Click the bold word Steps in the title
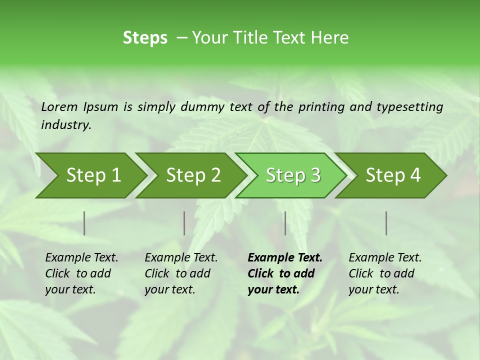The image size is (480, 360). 145,38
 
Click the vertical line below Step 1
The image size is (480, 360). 84,223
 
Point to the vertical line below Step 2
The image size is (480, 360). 184,223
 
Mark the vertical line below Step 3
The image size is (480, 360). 285,223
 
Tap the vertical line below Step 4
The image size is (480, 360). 386,223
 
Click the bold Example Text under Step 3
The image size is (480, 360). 285,258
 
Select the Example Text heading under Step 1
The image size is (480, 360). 81,258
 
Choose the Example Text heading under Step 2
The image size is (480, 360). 181,258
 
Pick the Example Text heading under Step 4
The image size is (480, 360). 385,258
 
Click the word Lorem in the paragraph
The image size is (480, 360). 59,106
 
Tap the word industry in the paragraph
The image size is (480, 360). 66,125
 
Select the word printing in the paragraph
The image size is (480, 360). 321,107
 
